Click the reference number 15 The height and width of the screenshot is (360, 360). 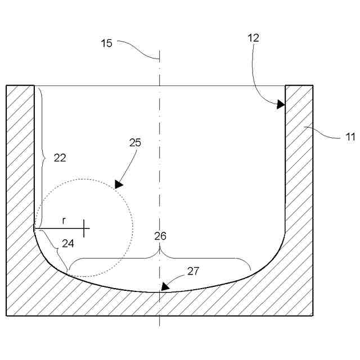pos(107,43)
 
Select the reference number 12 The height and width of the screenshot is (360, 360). pos(253,38)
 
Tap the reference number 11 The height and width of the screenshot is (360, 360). pos(350,136)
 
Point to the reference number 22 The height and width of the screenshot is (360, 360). pos(60,158)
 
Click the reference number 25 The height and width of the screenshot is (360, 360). pos(135,142)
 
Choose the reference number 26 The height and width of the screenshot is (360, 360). pos(160,236)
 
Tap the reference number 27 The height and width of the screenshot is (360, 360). pos(193,271)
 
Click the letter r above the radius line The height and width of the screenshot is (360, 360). pos(64,221)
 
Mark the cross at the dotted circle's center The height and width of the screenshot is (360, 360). pos(84,228)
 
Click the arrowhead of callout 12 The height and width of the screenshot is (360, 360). pos(281,104)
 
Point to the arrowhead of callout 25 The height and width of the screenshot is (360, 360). pos(118,184)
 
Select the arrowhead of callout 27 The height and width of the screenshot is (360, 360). pos(164,286)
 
